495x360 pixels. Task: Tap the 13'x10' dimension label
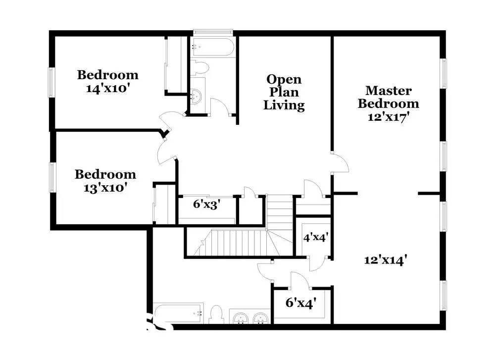click(x=105, y=188)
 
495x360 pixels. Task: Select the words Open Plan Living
click(x=284, y=92)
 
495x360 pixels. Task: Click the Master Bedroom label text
click(x=388, y=97)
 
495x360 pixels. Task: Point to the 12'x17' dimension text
click(x=388, y=117)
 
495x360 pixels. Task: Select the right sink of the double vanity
click(x=260, y=318)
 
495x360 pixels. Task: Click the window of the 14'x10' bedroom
click(x=51, y=82)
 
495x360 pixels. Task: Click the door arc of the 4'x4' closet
click(x=317, y=262)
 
